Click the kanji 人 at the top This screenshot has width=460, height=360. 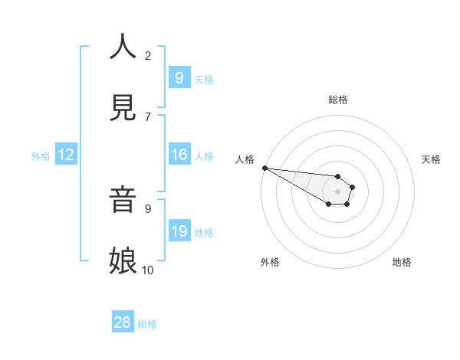[x=123, y=47]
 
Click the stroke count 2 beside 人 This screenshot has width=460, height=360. [x=148, y=55]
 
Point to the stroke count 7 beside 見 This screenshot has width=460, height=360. [x=148, y=116]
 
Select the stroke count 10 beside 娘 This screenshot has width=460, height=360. [x=148, y=270]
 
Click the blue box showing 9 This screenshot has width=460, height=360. [x=179, y=78]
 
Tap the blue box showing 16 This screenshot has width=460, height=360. [x=179, y=155]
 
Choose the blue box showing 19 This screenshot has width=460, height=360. [x=179, y=231]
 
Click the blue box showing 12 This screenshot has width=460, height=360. [x=66, y=155]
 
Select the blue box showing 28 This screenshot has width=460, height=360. [x=123, y=322]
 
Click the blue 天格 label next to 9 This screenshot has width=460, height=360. [x=204, y=80]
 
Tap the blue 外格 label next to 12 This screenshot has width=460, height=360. [x=41, y=155]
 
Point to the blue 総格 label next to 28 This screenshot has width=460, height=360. [x=147, y=324]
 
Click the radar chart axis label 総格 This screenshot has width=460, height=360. [x=338, y=100]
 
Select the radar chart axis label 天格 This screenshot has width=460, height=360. [x=431, y=159]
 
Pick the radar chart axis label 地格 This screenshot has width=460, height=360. [x=402, y=262]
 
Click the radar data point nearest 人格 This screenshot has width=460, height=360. [x=264, y=168]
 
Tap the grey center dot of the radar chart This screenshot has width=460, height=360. [x=337, y=191]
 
